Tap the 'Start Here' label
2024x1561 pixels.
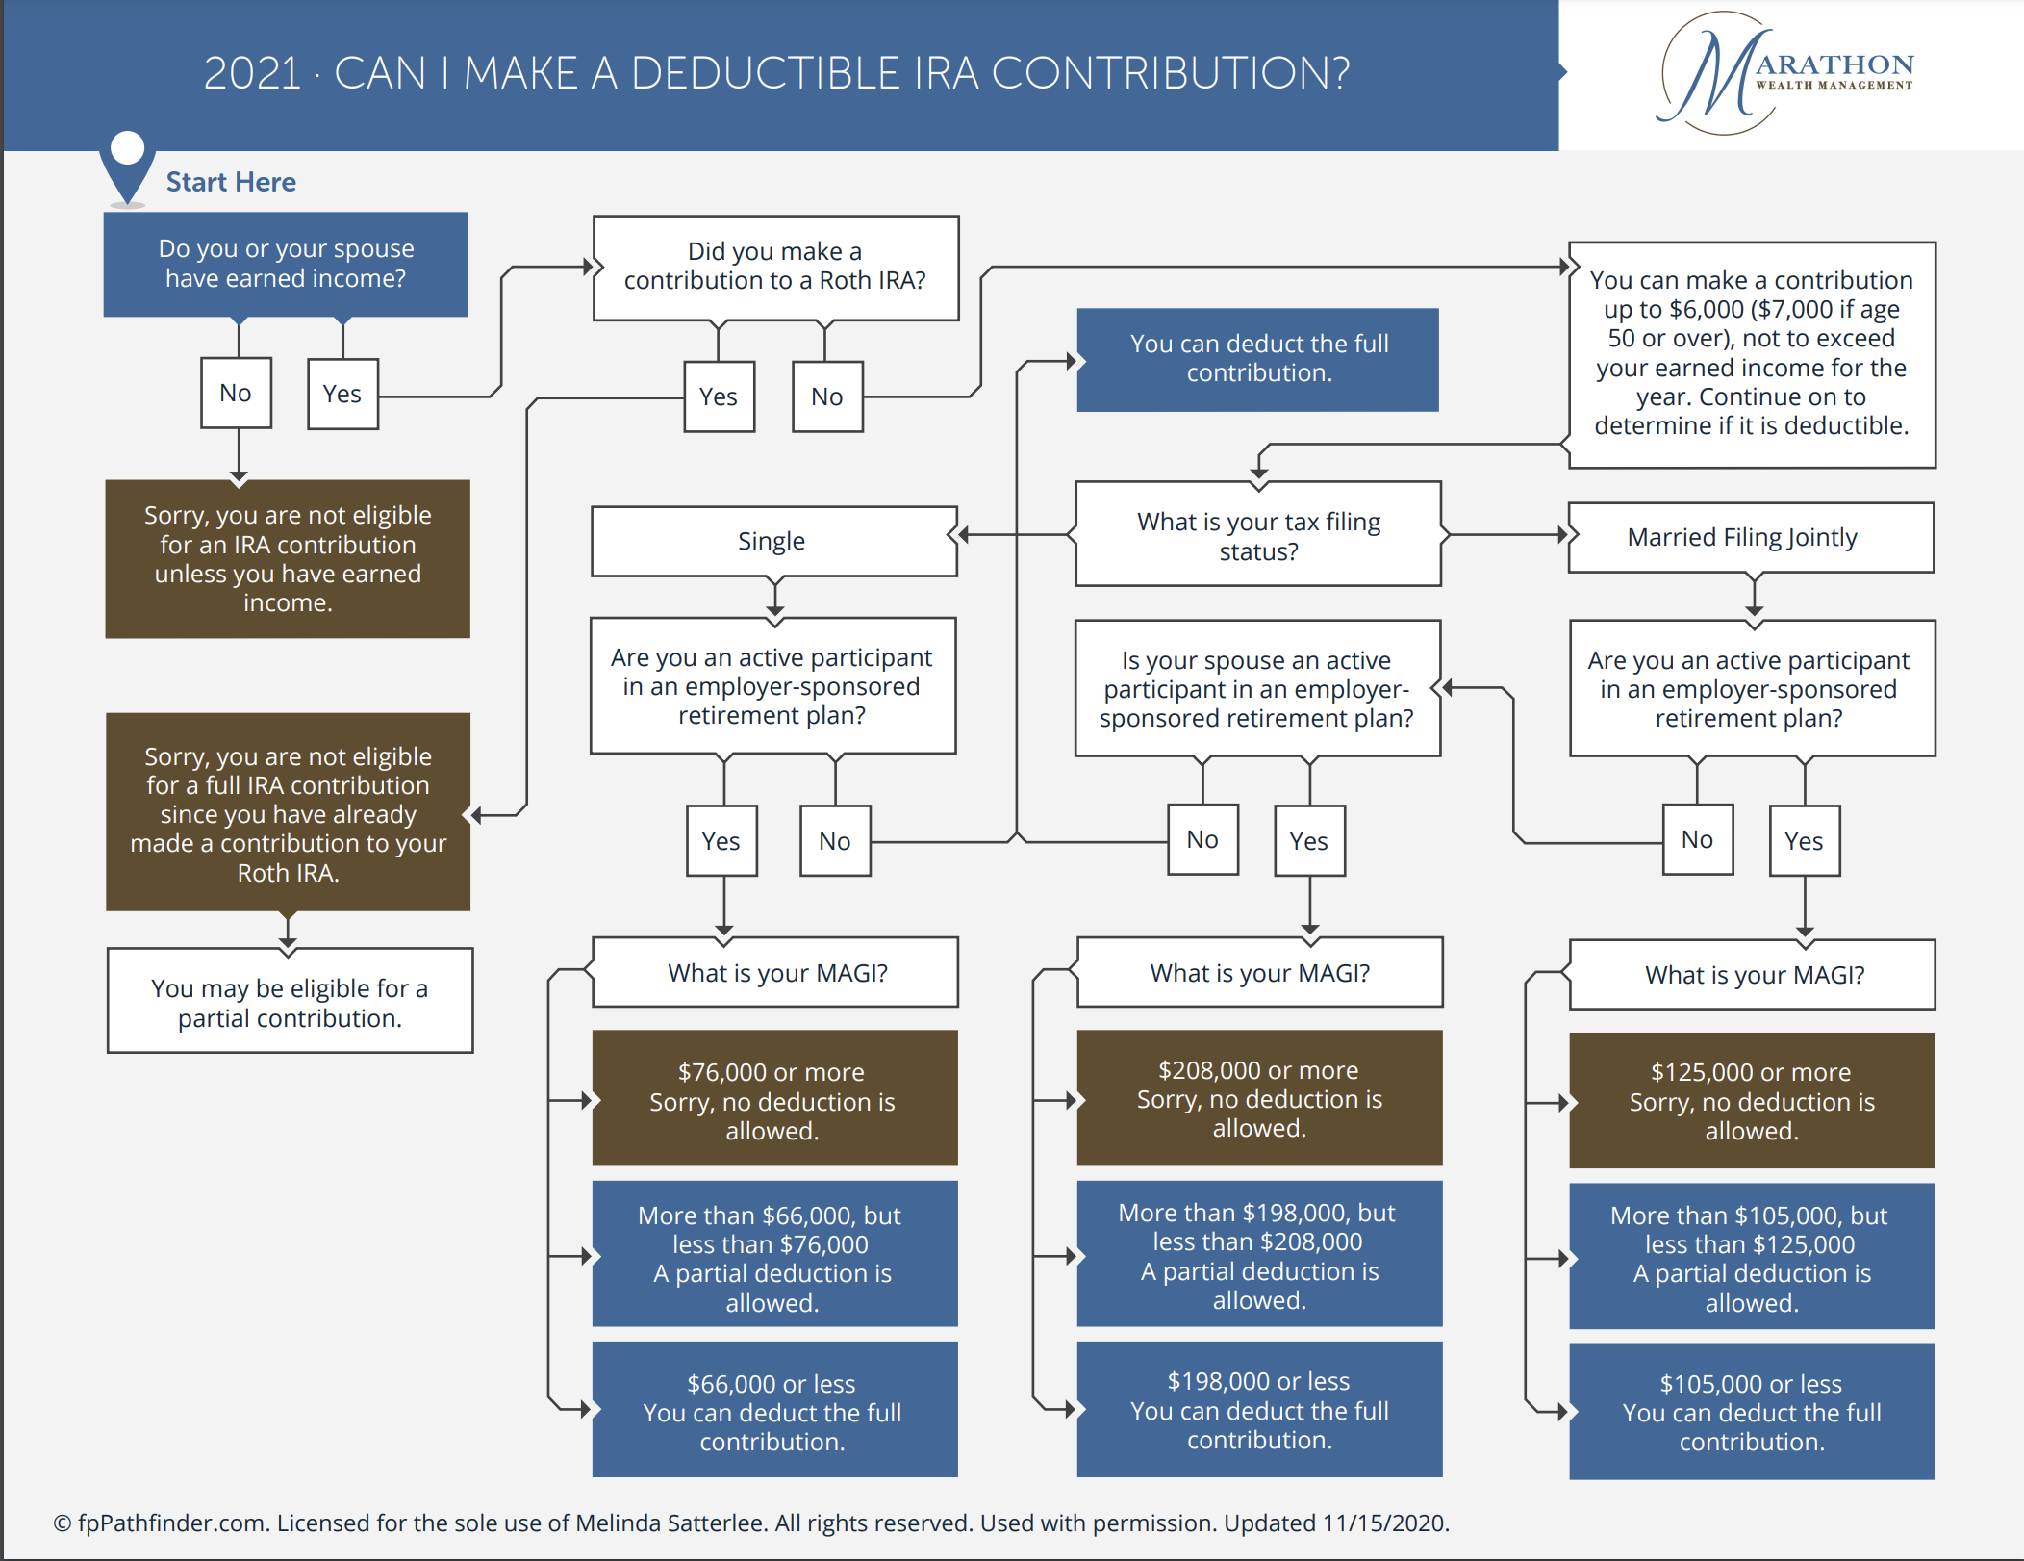point(231,182)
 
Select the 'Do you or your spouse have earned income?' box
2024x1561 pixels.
point(286,264)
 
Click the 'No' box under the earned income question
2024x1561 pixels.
point(236,393)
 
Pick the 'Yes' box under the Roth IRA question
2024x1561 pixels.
point(719,397)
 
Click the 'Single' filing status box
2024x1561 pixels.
point(773,541)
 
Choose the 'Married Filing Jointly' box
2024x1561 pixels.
point(1750,537)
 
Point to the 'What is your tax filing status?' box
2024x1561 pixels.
point(1257,535)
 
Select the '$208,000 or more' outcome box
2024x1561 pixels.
point(1258,1098)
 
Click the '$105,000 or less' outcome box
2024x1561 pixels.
point(1751,1412)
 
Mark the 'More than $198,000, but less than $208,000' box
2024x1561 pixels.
point(1258,1255)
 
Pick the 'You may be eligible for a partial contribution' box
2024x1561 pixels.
point(290,1002)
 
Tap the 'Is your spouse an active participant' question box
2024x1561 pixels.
point(1257,689)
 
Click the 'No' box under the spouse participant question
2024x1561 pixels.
point(1202,840)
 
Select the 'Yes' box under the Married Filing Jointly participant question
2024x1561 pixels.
point(1804,841)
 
